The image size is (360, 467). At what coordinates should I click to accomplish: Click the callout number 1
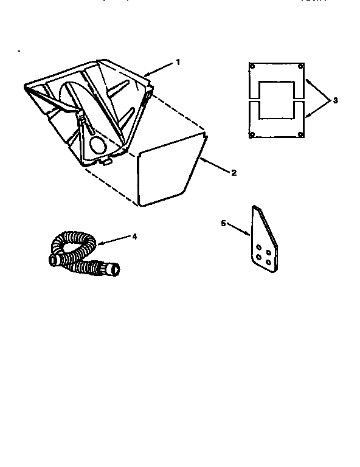pos(178,61)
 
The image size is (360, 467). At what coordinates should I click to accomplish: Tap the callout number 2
pos(233,173)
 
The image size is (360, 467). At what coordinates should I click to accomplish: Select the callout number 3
pos(334,100)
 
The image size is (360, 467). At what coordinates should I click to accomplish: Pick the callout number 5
pos(223,223)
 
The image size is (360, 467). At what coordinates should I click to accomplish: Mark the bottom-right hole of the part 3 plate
pos(301,134)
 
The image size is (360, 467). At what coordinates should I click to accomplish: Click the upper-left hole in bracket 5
pos(260,247)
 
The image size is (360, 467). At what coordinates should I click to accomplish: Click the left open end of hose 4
pos(52,260)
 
